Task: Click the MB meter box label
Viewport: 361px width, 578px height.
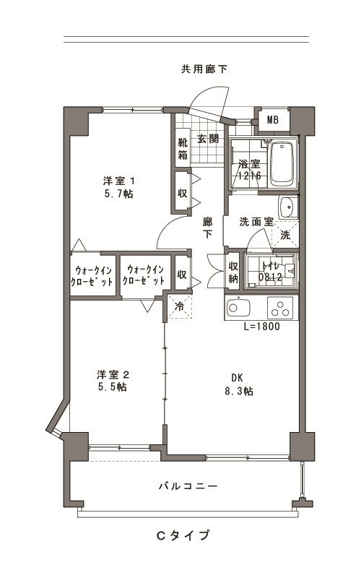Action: (273, 120)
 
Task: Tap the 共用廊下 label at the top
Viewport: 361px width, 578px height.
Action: (204, 69)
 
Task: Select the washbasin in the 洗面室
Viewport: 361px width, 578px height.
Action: (287, 207)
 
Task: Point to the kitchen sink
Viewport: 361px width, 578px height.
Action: (238, 307)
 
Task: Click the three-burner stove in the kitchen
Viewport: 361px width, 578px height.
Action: (280, 308)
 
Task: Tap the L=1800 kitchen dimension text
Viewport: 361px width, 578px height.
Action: (262, 327)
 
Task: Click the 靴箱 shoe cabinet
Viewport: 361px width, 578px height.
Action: (183, 148)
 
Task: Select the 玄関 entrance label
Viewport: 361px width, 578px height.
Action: (208, 139)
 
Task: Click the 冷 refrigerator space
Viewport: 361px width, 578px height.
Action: (179, 306)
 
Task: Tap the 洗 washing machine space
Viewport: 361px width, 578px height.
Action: (285, 234)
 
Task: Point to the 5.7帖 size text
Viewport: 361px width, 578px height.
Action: (119, 194)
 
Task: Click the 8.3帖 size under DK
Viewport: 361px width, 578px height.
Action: (239, 391)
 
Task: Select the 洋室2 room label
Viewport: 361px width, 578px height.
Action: (113, 375)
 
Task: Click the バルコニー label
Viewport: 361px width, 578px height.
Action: (188, 486)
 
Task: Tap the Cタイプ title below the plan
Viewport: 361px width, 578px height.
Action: (183, 535)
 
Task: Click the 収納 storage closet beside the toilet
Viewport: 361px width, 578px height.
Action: (233, 272)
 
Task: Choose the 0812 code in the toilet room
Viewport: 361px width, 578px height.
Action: (270, 277)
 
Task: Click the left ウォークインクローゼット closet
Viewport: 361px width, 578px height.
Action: (92, 276)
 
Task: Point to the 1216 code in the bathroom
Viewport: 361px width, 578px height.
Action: (249, 175)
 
